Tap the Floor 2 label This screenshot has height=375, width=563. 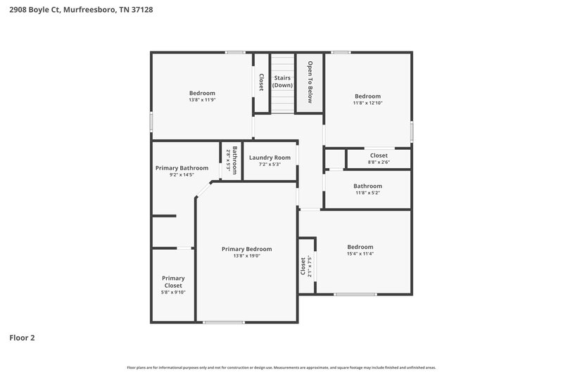coord(22,338)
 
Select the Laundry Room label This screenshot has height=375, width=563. coord(270,158)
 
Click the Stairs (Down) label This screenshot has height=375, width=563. coord(283,81)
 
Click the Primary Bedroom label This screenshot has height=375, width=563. coord(246,249)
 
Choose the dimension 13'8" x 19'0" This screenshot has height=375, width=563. coord(246,256)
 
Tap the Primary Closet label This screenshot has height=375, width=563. coord(173,281)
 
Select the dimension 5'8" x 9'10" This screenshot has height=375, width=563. coord(173,293)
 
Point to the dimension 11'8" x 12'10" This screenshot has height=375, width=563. coord(367,103)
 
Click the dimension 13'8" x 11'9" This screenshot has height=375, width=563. coord(202,100)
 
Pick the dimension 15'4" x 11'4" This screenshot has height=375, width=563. coord(360,254)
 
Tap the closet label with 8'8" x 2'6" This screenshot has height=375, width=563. coord(378,155)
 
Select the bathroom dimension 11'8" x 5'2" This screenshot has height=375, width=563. coord(367,193)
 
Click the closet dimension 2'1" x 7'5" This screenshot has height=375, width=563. coord(309,265)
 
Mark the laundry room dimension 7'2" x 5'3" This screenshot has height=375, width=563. coord(270,165)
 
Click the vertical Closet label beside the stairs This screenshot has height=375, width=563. coord(261,82)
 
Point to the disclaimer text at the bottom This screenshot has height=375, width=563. coord(281,367)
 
